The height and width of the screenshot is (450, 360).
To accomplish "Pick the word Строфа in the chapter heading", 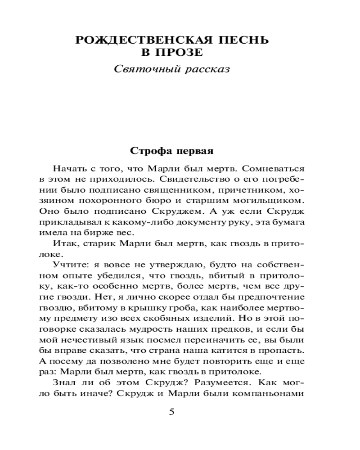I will (146, 150).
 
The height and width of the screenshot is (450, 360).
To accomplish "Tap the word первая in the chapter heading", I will (199, 150).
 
